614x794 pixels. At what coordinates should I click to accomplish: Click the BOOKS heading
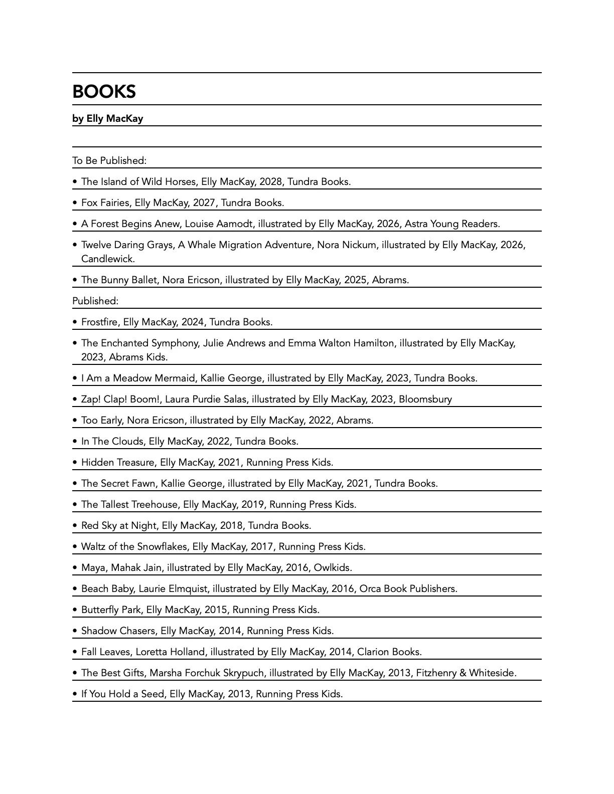(x=104, y=92)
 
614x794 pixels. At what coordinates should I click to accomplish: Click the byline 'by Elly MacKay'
(x=107, y=119)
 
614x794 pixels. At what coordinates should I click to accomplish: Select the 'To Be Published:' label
(x=109, y=161)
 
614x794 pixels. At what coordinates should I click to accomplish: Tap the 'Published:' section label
(x=95, y=301)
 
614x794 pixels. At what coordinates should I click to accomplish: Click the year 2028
(x=270, y=182)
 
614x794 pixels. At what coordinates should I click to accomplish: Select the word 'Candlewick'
(x=107, y=259)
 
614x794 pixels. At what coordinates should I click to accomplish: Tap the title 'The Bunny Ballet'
(x=119, y=280)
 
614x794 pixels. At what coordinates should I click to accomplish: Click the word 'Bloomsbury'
(x=425, y=400)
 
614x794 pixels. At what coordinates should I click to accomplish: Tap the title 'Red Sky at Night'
(x=118, y=526)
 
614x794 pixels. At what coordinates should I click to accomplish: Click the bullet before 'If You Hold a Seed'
(x=75, y=694)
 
